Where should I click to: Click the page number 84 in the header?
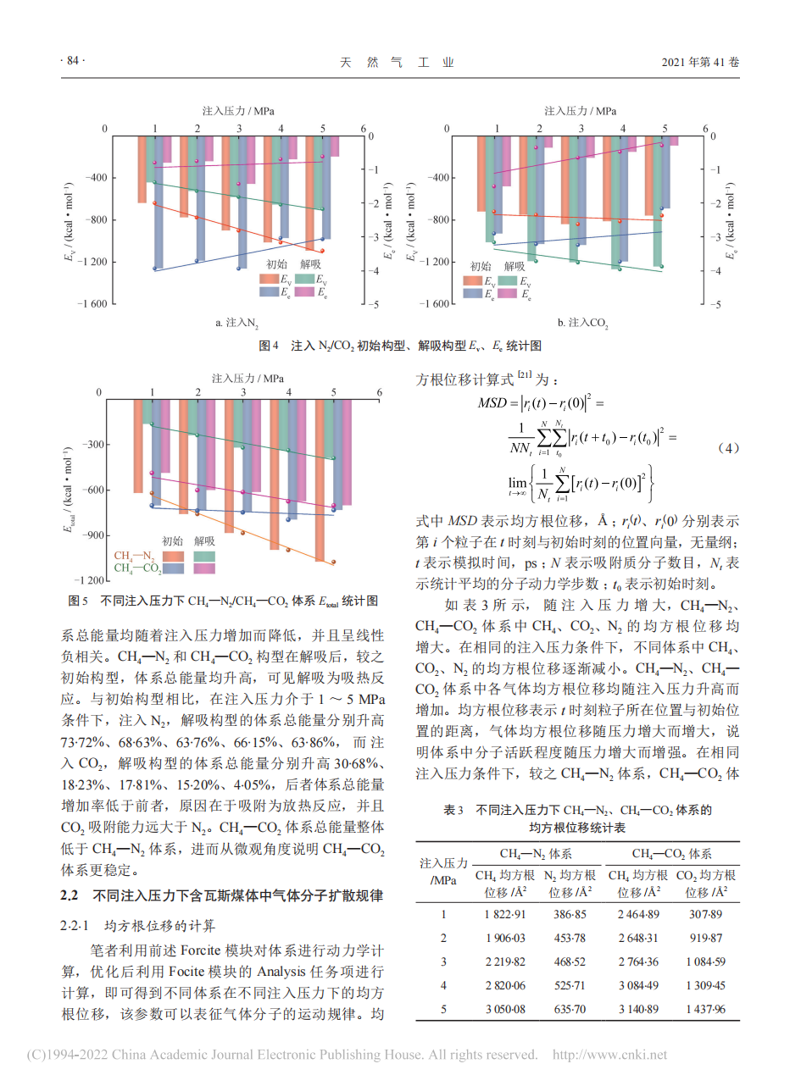(72, 61)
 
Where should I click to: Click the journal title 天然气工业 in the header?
(397, 62)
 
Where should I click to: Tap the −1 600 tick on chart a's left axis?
(92, 304)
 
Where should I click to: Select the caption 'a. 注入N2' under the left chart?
(236, 323)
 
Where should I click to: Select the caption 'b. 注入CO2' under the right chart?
(582, 323)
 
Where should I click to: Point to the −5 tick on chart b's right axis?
(715, 304)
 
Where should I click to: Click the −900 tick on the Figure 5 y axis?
(92, 535)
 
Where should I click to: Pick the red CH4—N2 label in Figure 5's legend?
(134, 556)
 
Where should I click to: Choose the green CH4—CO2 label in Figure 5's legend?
(137, 568)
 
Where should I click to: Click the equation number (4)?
(728, 448)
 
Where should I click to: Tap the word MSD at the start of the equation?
(492, 403)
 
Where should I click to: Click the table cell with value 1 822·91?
(505, 914)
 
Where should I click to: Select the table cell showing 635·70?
(570, 1009)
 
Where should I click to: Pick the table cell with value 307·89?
(705, 914)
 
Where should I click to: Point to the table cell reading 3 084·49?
(638, 985)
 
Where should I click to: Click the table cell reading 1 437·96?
(705, 1009)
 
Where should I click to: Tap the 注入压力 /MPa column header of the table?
(443, 872)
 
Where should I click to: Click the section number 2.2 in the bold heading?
(70, 895)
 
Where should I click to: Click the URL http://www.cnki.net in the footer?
(609, 1055)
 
